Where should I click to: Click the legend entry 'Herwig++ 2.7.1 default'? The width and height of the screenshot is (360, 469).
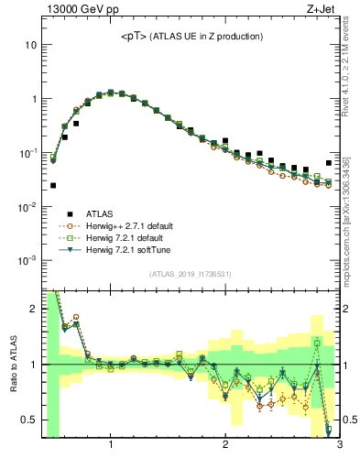[x=125, y=225]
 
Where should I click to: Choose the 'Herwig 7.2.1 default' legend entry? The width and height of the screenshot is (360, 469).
[x=122, y=237]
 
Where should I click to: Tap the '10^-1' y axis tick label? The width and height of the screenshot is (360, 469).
[x=27, y=153]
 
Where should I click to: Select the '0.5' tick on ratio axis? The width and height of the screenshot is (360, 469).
[x=28, y=420]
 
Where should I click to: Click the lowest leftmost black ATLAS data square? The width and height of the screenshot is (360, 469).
[x=53, y=185]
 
